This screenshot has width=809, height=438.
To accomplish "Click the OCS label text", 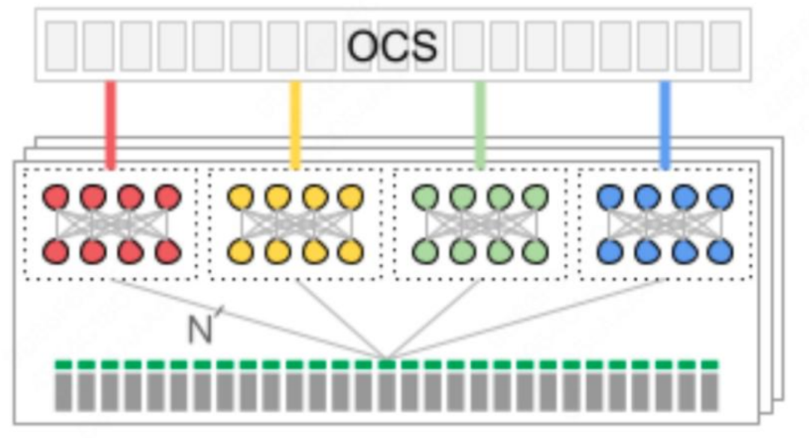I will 392,46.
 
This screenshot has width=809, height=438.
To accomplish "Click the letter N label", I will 200,329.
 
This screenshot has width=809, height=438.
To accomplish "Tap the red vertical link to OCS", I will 111,124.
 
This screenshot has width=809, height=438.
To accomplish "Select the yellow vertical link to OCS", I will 295,124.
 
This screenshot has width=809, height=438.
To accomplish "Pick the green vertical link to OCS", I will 480,124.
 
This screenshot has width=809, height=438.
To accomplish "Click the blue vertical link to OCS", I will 664,124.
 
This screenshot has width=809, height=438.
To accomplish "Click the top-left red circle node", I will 56,198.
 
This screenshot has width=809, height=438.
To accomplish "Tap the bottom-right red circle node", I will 168,251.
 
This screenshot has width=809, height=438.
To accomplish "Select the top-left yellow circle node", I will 240,198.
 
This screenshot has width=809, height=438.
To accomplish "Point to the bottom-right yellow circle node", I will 351,251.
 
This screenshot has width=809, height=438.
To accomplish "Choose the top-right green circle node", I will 535,198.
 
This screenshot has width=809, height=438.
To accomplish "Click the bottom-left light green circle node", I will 425,251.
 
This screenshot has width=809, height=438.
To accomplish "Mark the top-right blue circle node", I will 720,198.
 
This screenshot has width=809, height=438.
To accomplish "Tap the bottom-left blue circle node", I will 610,251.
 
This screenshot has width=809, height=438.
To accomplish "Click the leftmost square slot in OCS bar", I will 61,46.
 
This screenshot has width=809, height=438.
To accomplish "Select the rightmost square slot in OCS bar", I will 724,46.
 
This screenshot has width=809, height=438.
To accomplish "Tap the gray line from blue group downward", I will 524,319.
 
